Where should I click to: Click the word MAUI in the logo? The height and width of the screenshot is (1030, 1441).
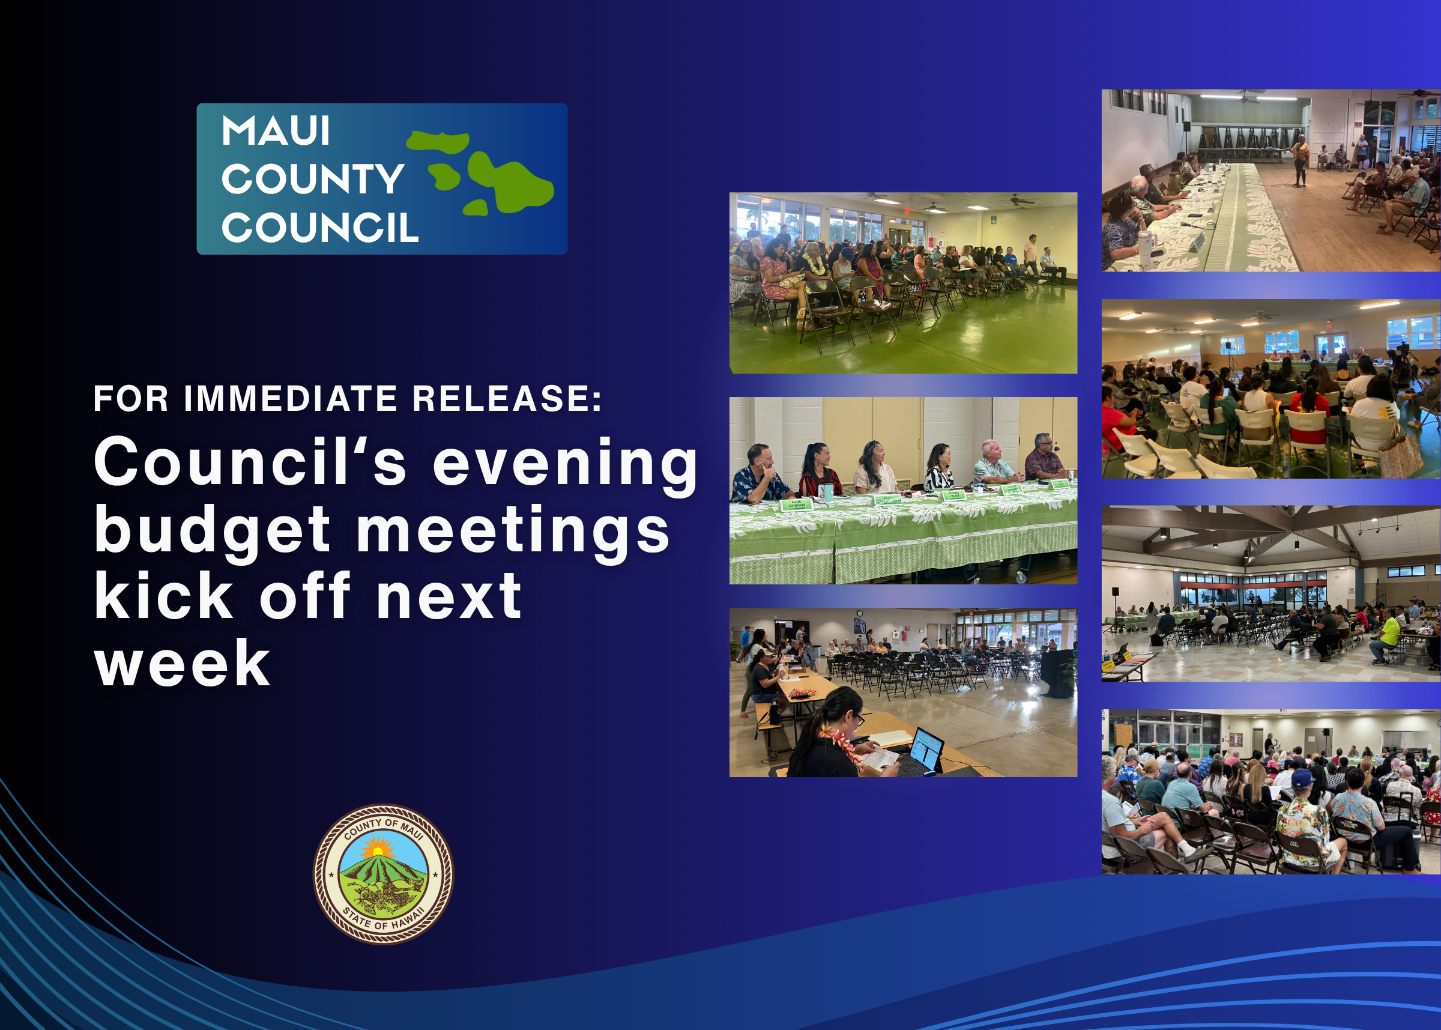point(276,132)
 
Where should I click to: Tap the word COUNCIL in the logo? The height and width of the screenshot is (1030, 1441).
point(319,228)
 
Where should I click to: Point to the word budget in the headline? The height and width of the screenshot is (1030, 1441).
point(213,530)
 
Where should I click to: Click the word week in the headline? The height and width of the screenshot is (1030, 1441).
point(183,664)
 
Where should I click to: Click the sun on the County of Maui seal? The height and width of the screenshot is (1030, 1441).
point(378,849)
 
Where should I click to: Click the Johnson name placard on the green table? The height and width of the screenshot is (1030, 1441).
point(796,505)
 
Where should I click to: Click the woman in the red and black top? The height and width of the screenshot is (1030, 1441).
point(818,470)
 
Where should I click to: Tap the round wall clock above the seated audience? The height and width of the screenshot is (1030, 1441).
point(859,613)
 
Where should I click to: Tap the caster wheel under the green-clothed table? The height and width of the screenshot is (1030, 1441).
point(1021,577)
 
